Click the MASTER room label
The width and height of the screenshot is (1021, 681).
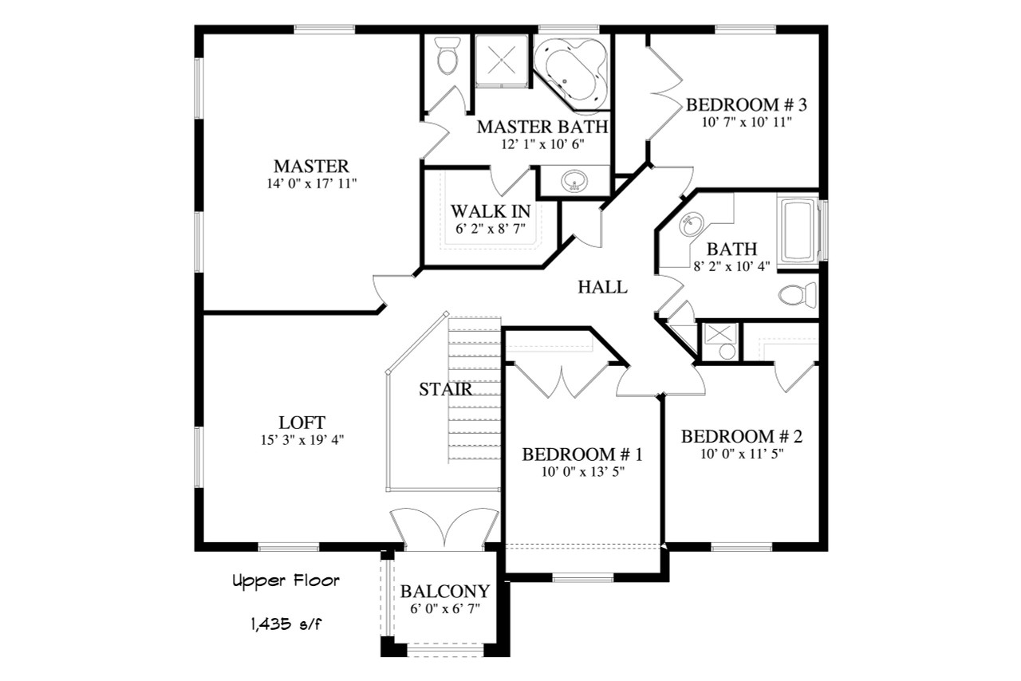(311, 167)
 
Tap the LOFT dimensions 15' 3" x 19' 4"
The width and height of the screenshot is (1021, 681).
(302, 439)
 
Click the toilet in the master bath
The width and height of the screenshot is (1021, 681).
(447, 58)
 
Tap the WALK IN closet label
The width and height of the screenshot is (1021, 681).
(491, 211)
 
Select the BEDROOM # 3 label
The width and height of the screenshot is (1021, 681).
(747, 104)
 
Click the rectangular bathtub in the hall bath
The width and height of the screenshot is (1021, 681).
(798, 230)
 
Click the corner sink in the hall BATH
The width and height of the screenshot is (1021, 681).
(692, 225)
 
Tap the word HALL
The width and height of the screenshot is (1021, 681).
(602, 287)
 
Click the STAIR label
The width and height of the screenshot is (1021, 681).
(445, 390)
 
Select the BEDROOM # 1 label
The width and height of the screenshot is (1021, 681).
(582, 455)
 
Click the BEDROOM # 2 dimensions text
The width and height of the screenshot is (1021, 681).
(741, 454)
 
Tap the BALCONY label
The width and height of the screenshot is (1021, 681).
(444, 592)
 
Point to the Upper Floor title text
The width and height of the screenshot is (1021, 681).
(286, 581)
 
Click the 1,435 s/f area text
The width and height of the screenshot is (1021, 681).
(285, 623)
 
